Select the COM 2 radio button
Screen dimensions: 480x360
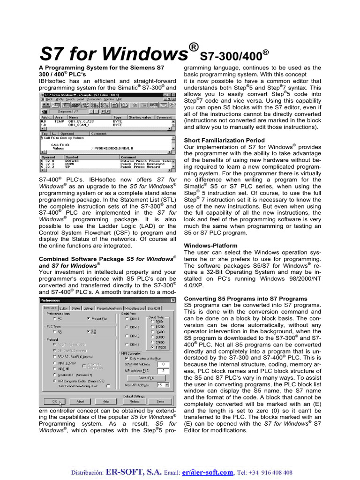click(x=127, y=327)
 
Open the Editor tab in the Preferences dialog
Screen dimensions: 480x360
click(x=64, y=308)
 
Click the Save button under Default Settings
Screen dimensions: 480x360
click(x=160, y=402)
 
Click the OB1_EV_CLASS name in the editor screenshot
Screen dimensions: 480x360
click(x=81, y=121)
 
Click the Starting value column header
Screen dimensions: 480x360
click(x=140, y=117)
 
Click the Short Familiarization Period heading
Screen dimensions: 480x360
click(x=224, y=140)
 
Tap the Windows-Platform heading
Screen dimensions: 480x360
click(x=210, y=246)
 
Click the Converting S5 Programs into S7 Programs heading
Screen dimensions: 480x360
click(x=246, y=299)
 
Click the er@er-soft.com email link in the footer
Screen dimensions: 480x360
click(x=208, y=472)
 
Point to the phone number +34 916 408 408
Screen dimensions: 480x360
click(x=270, y=472)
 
